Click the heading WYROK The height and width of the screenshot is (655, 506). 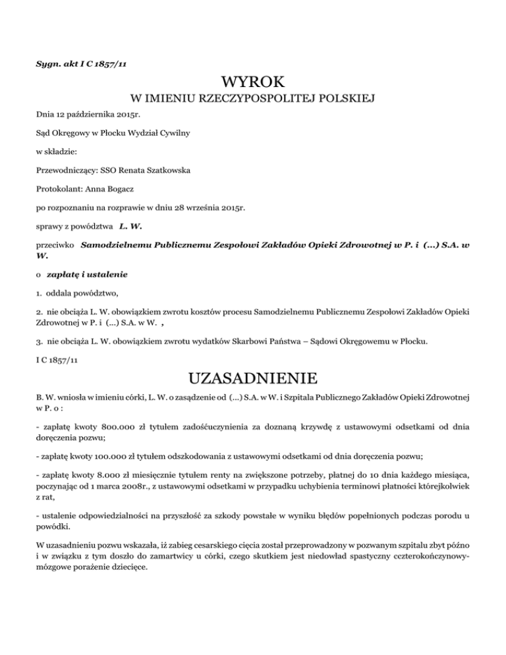[x=253, y=83]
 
